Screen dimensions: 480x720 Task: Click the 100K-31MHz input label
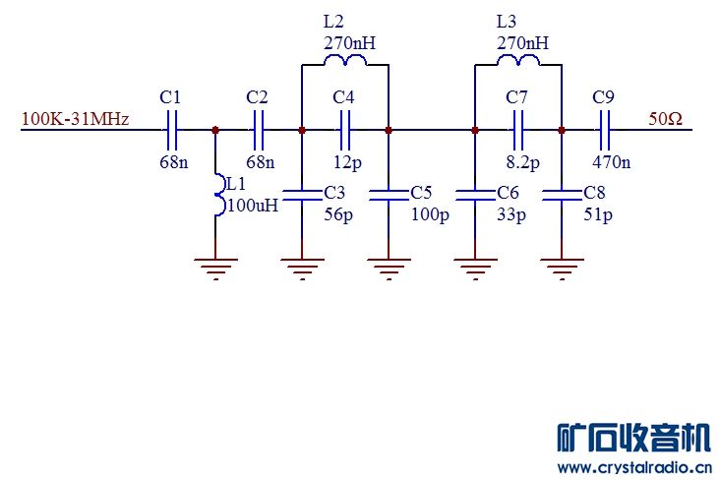coord(75,120)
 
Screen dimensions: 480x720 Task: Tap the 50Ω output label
coord(665,119)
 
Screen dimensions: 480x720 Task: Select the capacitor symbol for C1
coord(171,129)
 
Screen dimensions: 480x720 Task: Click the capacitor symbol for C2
coord(259,129)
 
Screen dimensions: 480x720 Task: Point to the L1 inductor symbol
coord(215,193)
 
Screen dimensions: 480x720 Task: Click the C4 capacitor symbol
coord(344,129)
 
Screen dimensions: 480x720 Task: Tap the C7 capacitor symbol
coord(517,129)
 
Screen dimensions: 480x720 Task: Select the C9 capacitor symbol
coord(605,129)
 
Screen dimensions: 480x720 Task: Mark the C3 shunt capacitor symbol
coord(301,194)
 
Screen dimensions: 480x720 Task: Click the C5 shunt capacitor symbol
coord(389,194)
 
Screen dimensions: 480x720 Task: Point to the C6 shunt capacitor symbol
coord(475,194)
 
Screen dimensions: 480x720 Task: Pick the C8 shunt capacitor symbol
coord(562,194)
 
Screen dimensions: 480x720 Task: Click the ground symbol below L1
coord(215,266)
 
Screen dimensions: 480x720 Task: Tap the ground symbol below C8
coord(562,266)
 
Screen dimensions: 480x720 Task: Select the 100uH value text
coord(253,206)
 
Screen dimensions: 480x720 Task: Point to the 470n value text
coord(612,161)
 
